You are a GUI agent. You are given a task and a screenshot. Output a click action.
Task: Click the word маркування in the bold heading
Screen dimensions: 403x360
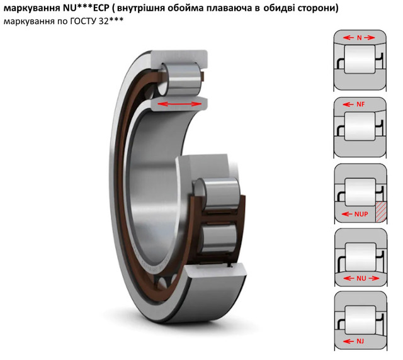click(x=32, y=8)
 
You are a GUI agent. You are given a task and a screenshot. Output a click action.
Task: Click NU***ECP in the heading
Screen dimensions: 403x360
click(x=86, y=8)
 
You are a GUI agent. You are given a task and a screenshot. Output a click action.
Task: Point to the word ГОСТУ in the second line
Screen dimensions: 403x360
click(x=82, y=21)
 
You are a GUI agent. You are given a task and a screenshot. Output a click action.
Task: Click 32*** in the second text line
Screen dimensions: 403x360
click(x=111, y=21)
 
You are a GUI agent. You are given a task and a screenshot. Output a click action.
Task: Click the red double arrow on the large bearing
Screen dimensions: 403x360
click(x=179, y=104)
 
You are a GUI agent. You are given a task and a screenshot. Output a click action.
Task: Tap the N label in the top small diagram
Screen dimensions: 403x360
click(x=359, y=38)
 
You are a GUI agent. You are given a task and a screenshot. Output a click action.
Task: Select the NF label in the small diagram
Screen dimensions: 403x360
click(x=361, y=104)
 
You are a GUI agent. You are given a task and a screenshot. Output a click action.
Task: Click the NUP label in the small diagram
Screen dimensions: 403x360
click(x=361, y=214)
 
